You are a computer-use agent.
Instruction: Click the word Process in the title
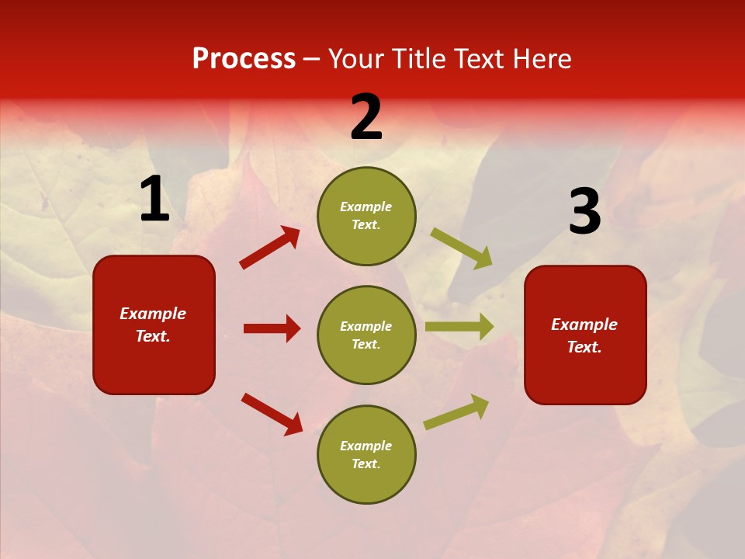(x=244, y=59)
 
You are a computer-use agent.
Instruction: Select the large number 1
(x=154, y=200)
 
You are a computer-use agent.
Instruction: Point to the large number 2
(x=366, y=117)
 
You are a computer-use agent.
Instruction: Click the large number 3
(x=584, y=212)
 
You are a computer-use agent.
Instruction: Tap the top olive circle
(x=366, y=216)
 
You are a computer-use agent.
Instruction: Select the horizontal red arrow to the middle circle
(x=272, y=328)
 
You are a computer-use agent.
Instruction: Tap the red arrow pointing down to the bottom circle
(x=272, y=414)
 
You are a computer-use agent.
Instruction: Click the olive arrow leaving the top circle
(x=462, y=248)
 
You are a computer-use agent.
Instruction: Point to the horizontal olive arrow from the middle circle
(x=459, y=327)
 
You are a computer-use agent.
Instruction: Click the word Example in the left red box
(x=153, y=314)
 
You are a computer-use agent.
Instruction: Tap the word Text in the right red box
(x=584, y=347)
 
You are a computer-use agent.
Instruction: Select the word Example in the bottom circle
(x=366, y=446)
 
